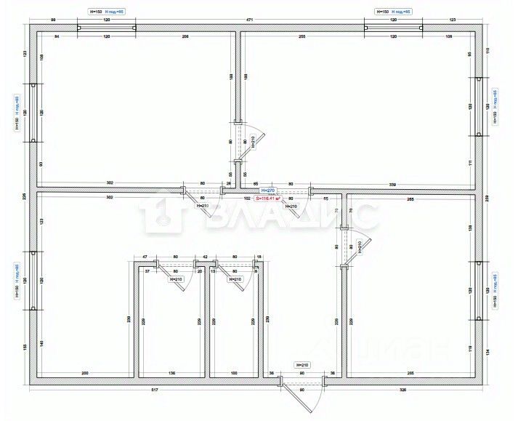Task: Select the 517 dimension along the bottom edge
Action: [x=155, y=390]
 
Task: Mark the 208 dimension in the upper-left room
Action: [x=185, y=36]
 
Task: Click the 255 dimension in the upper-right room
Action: [x=302, y=36]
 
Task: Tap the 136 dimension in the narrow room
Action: [x=171, y=374]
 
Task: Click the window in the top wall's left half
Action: [x=106, y=28]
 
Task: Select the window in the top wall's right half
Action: [x=392, y=28]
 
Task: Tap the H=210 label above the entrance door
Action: [x=302, y=364]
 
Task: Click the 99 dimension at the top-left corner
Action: [x=53, y=21]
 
